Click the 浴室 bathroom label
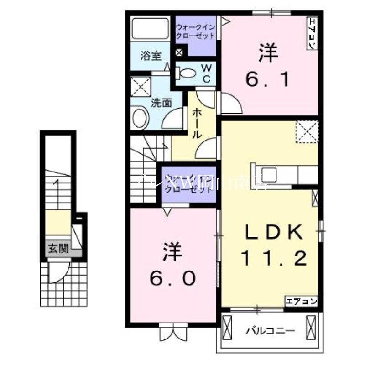pyautogui.click(x=151, y=57)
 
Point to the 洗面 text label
pyautogui.click(x=161, y=102)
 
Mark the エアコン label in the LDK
pyautogui.click(x=301, y=301)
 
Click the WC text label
pyautogui.click(x=206, y=73)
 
